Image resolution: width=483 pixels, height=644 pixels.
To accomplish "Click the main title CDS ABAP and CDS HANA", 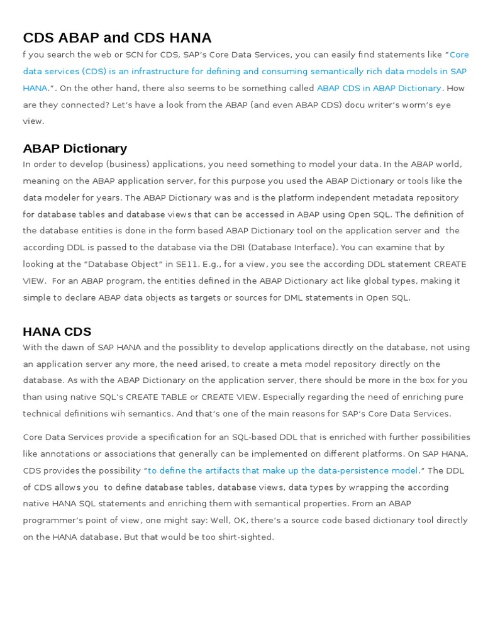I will (117, 38).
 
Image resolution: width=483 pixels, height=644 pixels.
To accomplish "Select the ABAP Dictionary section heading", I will (75, 148).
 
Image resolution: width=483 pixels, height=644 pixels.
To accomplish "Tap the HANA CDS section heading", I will (57, 331).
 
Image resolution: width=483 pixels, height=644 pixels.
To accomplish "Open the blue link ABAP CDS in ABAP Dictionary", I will (379, 88).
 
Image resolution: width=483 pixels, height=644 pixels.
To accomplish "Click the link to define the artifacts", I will (282, 470).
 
